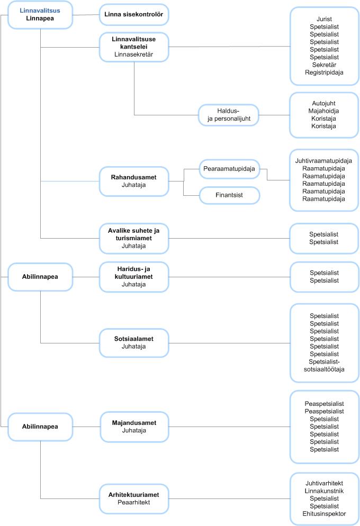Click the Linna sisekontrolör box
(x=134, y=14)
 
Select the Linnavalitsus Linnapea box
(x=40, y=15)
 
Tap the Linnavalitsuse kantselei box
(x=134, y=47)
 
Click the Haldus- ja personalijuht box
(x=229, y=115)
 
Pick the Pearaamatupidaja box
(x=229, y=169)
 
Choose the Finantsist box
(x=229, y=195)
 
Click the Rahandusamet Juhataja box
(x=134, y=181)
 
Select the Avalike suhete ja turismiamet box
(x=134, y=239)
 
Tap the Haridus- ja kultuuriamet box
(x=134, y=277)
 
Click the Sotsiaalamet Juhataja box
(x=134, y=343)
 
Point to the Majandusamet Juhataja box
(x=134, y=427)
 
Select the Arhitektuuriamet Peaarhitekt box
(x=134, y=498)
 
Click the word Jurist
(x=324, y=19)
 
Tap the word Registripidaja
(x=324, y=72)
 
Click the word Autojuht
(x=324, y=103)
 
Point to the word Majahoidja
(x=324, y=111)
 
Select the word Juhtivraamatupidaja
(x=324, y=161)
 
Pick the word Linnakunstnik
(x=324, y=491)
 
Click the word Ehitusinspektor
(x=324, y=514)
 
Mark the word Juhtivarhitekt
(x=324, y=483)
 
